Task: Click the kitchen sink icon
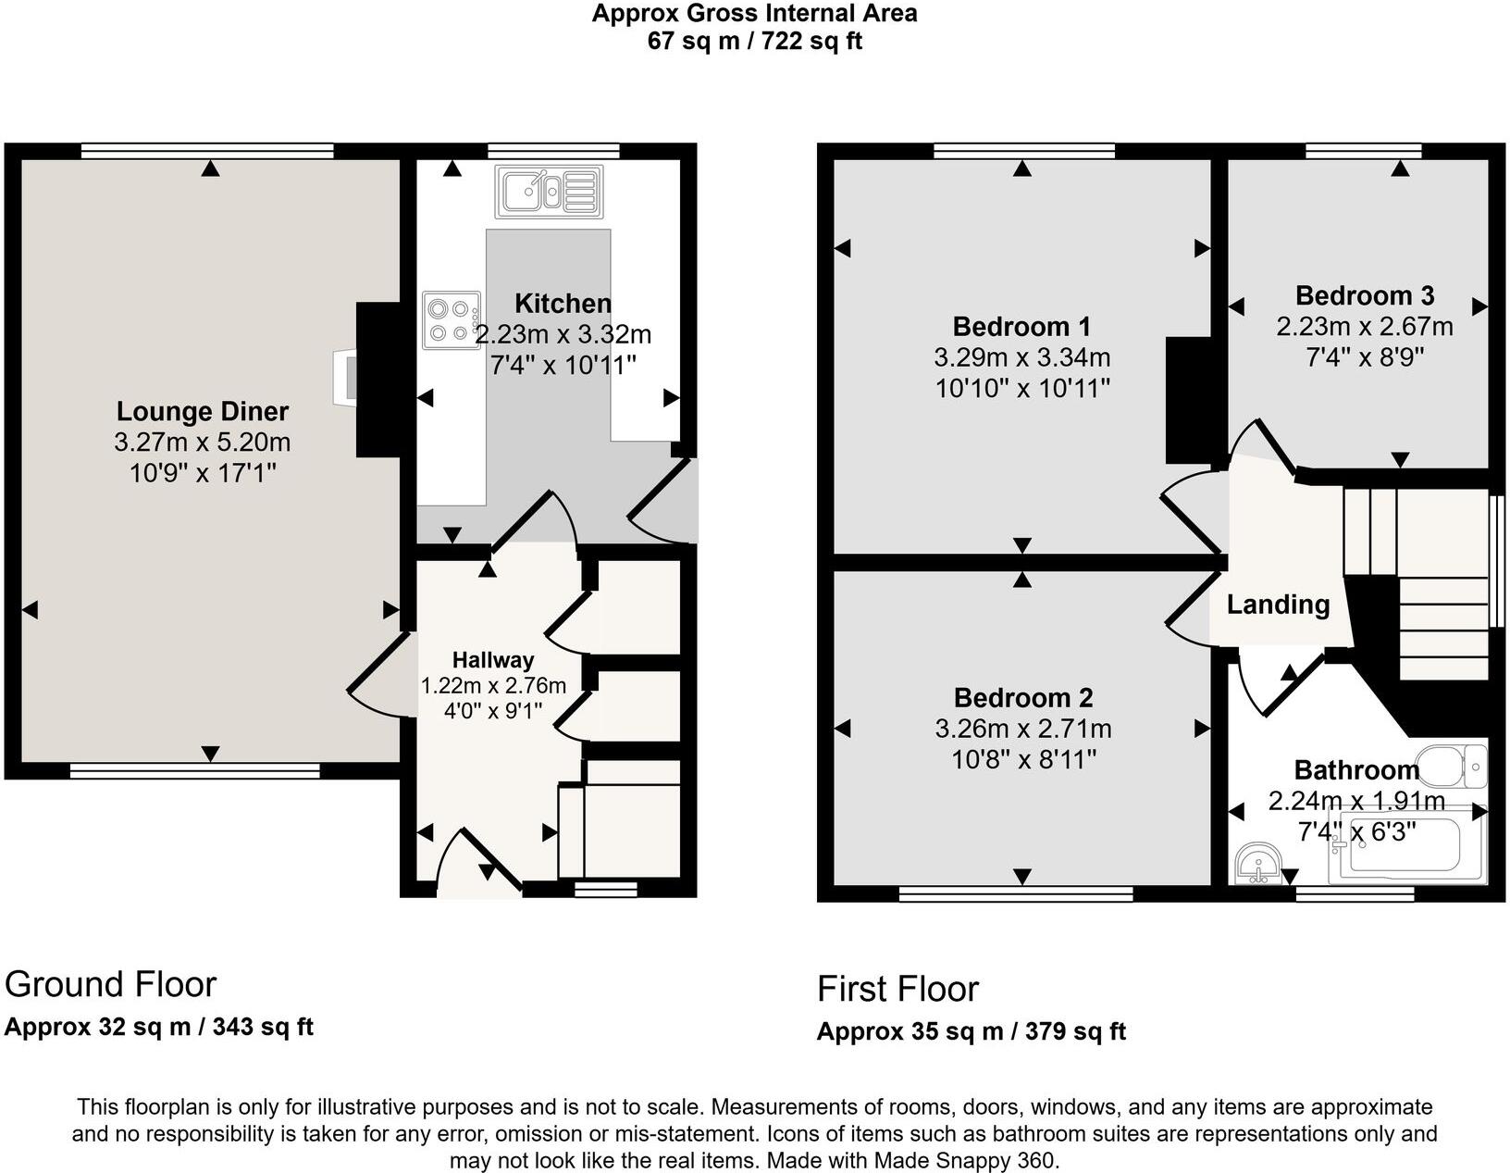point(549,192)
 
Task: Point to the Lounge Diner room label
point(203,412)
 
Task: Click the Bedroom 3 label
point(1364,296)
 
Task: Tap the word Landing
point(1278,605)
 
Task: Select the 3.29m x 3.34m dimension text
point(1022,357)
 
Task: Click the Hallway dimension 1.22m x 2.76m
point(493,686)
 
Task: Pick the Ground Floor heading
point(111,984)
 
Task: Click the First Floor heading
point(897,989)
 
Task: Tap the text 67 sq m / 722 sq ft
point(754,42)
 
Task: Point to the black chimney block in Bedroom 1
point(1188,400)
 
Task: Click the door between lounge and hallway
point(379,676)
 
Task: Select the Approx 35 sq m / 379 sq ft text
point(971,1031)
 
